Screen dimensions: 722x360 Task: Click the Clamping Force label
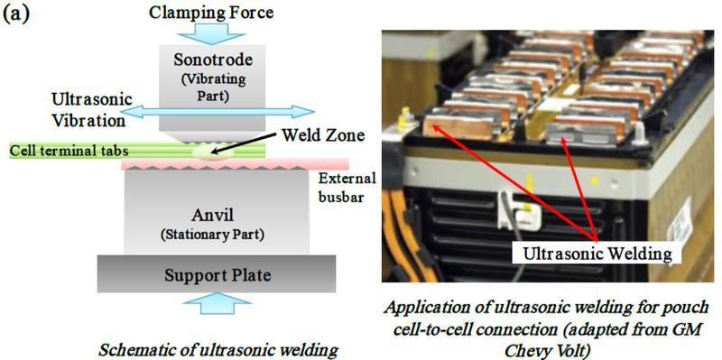(x=211, y=12)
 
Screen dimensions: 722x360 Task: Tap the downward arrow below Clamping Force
(x=211, y=33)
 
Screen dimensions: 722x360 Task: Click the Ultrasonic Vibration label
(x=92, y=110)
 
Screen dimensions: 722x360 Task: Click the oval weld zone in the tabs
(x=211, y=152)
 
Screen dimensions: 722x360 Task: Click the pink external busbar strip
(x=235, y=164)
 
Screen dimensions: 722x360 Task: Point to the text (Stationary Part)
(x=212, y=235)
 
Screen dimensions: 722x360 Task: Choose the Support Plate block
(x=217, y=275)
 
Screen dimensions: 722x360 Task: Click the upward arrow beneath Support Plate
(x=217, y=303)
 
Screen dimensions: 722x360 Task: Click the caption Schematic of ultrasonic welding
(x=218, y=350)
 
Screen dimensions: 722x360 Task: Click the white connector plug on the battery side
(x=516, y=209)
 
